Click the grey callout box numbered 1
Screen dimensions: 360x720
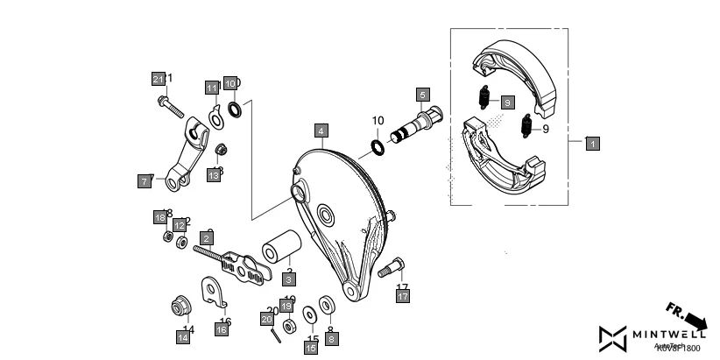click(593, 143)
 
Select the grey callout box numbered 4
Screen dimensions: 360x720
click(322, 131)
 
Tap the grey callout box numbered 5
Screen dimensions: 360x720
click(422, 94)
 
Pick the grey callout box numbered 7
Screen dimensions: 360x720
click(144, 181)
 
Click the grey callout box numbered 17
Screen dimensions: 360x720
click(402, 297)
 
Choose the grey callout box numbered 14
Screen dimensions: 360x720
click(184, 336)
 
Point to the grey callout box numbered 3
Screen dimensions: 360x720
click(288, 279)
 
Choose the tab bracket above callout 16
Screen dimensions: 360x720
click(214, 290)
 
